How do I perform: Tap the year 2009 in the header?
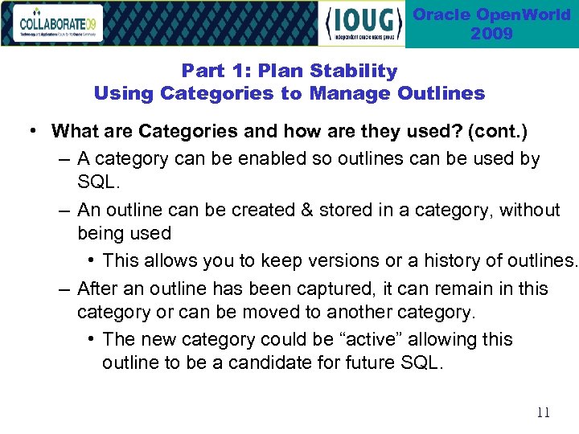point(491,34)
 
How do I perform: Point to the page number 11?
point(543,412)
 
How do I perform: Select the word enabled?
point(242,159)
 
